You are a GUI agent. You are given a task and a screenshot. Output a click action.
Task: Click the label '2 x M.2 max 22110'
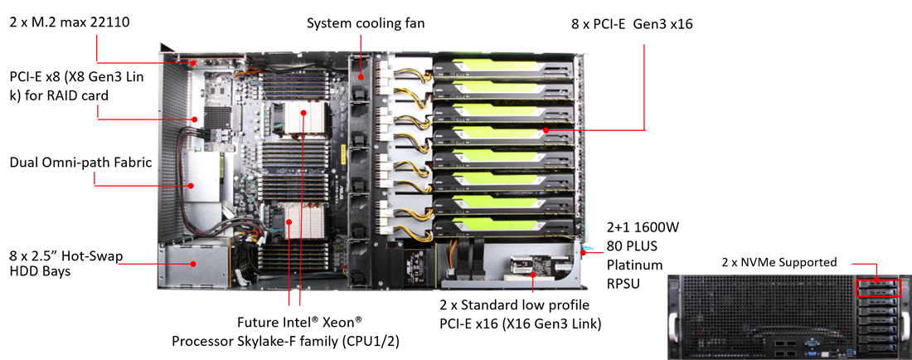69,22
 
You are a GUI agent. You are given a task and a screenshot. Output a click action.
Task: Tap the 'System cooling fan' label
366,24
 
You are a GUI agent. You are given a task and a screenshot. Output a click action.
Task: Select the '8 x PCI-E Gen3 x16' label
633,24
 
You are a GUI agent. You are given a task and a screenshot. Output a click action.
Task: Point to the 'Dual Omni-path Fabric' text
81,163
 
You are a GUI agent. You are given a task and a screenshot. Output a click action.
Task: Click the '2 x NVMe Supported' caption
780,263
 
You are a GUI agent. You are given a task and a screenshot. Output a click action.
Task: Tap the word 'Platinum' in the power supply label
634,265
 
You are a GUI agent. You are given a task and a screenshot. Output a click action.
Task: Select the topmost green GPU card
503,66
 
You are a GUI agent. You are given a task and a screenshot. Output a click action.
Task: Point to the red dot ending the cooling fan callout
361,75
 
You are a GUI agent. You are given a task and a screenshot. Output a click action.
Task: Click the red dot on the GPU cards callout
546,129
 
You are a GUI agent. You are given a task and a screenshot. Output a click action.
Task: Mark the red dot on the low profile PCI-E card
534,272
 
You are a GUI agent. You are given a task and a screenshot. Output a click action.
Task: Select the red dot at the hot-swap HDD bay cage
192,264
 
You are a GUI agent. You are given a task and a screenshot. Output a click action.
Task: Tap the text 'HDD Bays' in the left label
41,271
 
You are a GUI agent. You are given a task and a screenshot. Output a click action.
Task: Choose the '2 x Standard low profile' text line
516,304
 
